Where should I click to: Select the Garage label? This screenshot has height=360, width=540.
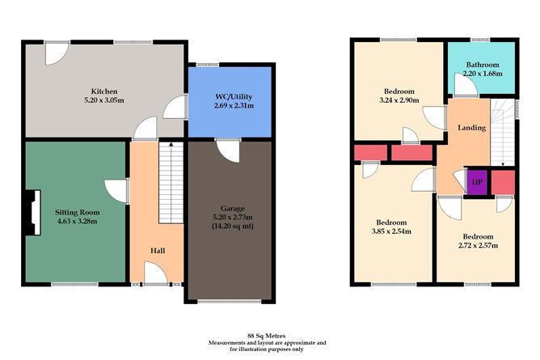232,208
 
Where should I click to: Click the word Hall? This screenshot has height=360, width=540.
158,251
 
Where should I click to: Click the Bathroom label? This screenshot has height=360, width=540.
482,65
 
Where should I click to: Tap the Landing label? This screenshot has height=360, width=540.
471,128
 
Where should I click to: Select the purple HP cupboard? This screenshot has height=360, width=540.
477,182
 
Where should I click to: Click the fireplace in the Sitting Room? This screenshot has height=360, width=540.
31,213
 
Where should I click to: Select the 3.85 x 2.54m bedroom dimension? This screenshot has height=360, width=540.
394,231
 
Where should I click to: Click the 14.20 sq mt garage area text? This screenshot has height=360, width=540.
232,227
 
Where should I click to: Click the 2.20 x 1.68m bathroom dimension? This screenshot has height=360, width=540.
482,74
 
